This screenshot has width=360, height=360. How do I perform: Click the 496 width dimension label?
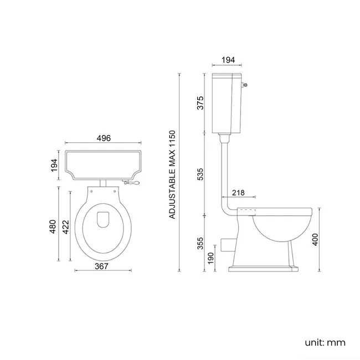104,138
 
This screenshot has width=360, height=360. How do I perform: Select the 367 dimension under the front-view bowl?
101,266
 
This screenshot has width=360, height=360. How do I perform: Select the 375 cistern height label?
200,103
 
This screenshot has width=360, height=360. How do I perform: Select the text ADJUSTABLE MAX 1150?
172,174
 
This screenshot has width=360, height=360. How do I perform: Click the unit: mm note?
325,342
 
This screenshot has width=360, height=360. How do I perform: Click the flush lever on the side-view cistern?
245,85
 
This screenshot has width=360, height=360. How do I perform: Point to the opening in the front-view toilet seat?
102,220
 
